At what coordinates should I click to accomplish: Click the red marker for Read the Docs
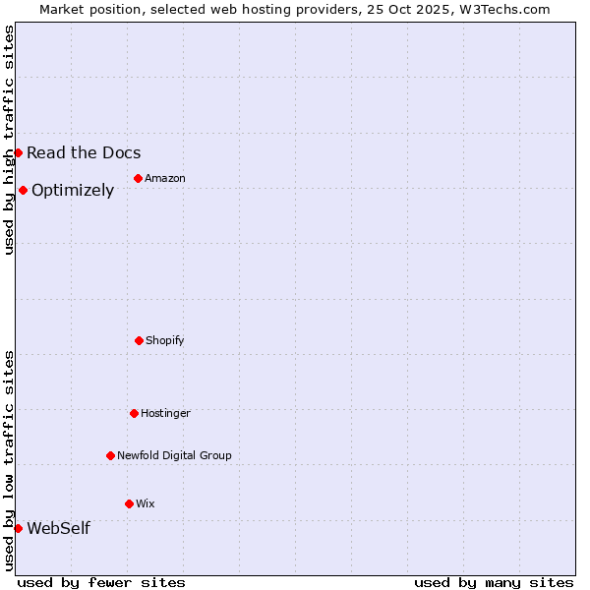(x=18, y=152)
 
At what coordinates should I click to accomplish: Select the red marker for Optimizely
(x=23, y=190)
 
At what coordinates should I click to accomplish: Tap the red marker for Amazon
(x=138, y=178)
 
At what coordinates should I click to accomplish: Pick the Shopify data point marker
(x=139, y=340)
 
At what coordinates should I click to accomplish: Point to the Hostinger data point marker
(x=134, y=413)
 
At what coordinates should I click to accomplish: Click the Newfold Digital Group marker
(x=110, y=455)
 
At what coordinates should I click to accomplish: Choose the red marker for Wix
(x=129, y=503)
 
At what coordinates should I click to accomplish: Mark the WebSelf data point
(x=18, y=528)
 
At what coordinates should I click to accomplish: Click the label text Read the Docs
(x=84, y=152)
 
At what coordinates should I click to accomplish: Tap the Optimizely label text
(x=73, y=190)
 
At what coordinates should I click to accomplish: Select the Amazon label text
(x=165, y=178)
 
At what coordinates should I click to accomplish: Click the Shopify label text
(x=165, y=340)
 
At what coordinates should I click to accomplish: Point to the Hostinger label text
(x=165, y=413)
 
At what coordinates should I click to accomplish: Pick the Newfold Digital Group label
(x=174, y=455)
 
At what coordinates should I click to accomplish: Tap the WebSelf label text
(x=58, y=528)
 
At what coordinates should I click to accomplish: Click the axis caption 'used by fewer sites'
(x=101, y=582)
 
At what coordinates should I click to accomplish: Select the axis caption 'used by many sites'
(x=494, y=582)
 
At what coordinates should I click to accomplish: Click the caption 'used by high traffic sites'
(x=9, y=140)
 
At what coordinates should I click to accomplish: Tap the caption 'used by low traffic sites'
(x=9, y=460)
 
